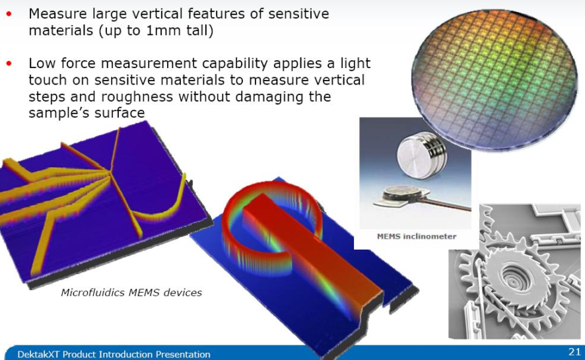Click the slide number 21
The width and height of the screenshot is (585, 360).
pos(574,351)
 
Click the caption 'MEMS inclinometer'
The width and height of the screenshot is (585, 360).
pos(417,236)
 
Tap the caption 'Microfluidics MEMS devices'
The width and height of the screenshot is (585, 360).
pos(131,293)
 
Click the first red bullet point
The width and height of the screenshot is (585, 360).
pos(9,14)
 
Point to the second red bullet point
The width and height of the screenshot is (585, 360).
pos(9,64)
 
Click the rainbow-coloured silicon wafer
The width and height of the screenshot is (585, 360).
pos(495,79)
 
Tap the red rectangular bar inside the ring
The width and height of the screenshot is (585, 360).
pos(314,254)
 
